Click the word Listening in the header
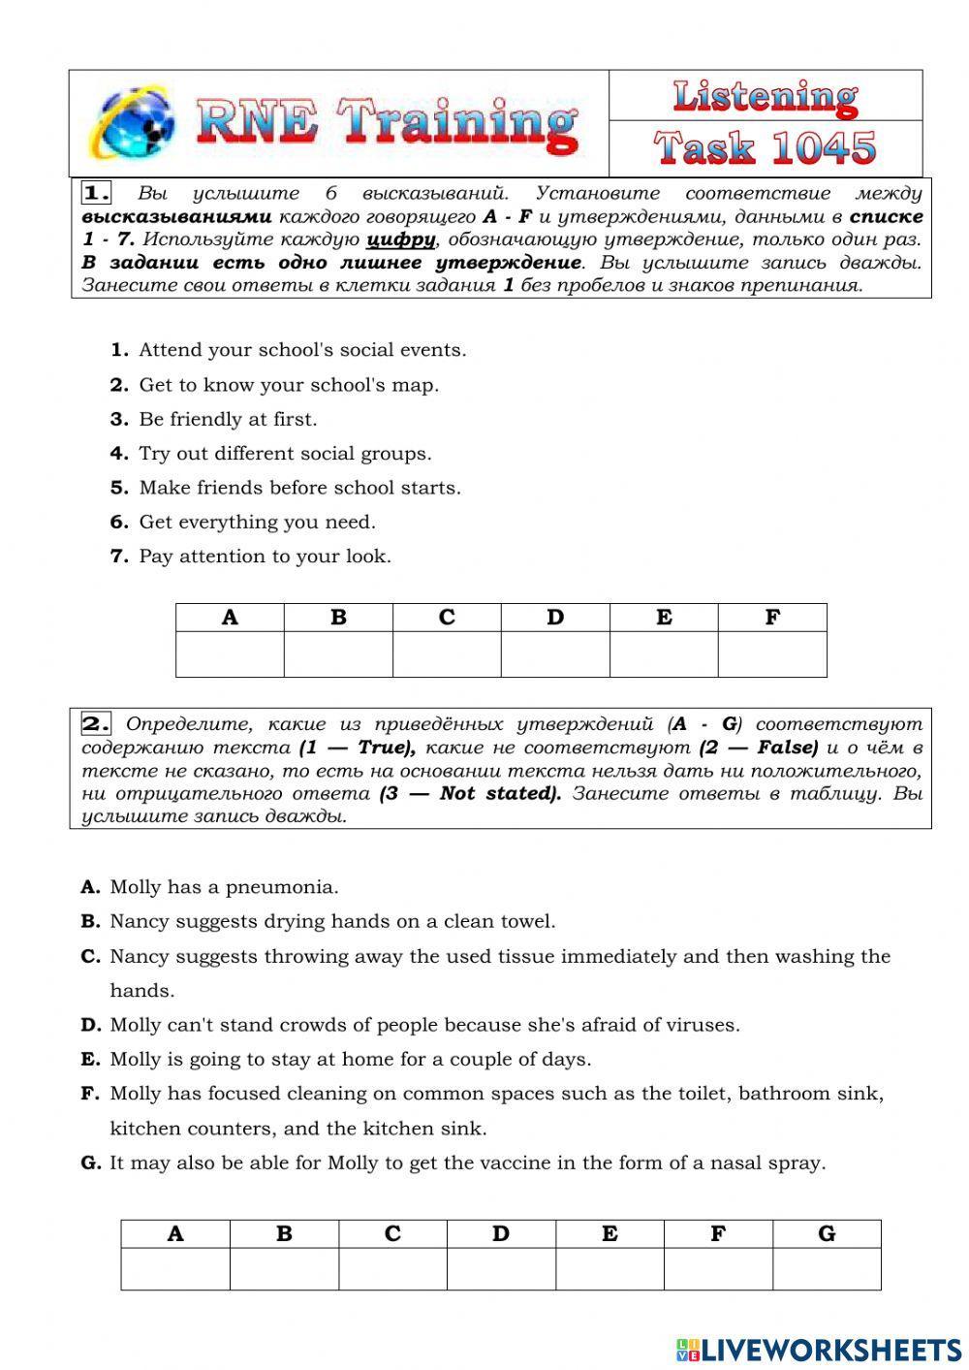tap(765, 96)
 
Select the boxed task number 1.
tap(96, 193)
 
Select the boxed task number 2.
tap(96, 724)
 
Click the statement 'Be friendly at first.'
tap(228, 419)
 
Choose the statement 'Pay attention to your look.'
tap(265, 557)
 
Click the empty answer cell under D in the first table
tap(555, 654)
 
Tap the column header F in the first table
tap(772, 618)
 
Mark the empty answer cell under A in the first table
tap(230, 654)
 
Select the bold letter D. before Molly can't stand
tap(91, 1025)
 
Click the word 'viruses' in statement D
tap(705, 1025)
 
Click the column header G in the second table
tap(827, 1234)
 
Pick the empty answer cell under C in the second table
tap(392, 1269)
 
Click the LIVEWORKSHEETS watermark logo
tap(819, 1349)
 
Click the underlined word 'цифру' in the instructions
tap(400, 239)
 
